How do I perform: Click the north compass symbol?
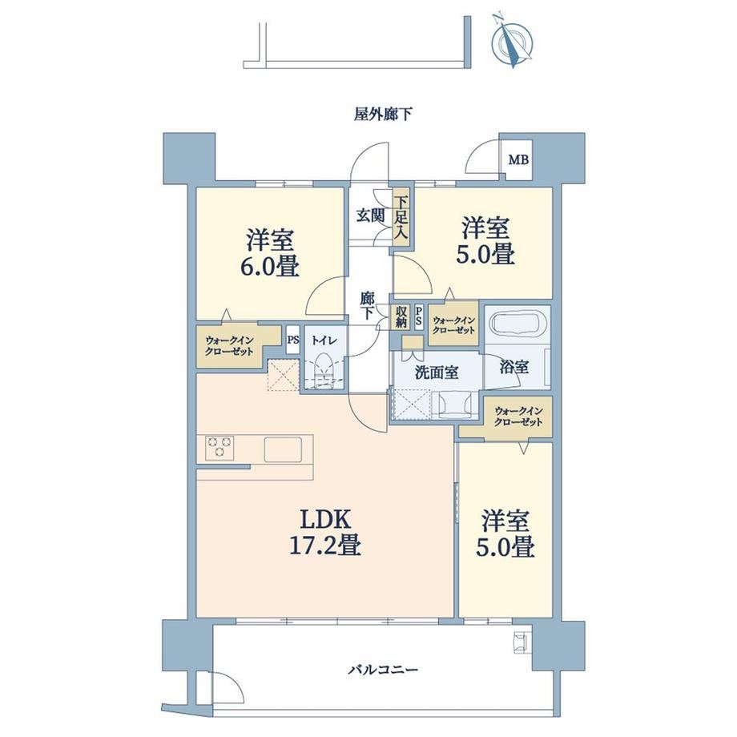click(511, 42)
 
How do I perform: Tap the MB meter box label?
click(518, 159)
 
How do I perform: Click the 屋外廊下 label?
click(383, 114)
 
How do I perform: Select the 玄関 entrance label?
click(370, 215)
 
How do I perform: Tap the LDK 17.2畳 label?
click(324, 533)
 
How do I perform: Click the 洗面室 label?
click(437, 373)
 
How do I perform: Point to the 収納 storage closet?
click(401, 316)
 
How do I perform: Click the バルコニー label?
click(383, 670)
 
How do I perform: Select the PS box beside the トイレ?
click(293, 339)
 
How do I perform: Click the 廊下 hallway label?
click(368, 306)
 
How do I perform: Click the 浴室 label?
click(513, 367)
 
